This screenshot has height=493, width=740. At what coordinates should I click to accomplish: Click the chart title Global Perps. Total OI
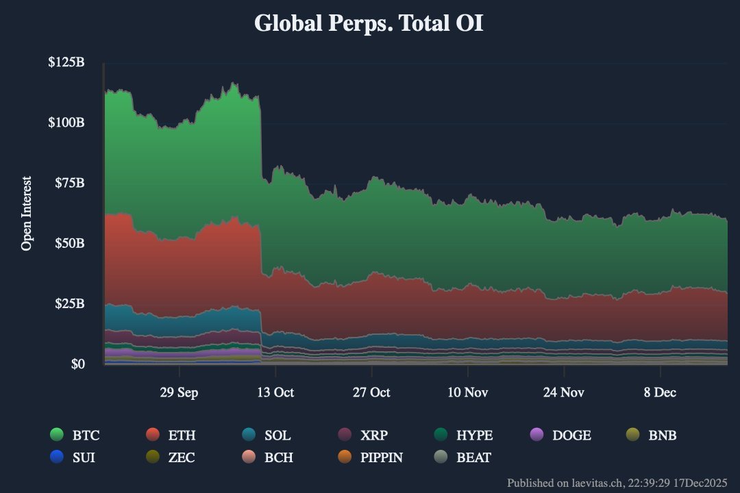coord(369,23)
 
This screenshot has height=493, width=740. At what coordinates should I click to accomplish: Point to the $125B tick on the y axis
coord(66,62)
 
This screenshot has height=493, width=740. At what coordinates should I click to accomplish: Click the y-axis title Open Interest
coord(27,214)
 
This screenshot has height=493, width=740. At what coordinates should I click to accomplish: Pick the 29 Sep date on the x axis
coord(180,392)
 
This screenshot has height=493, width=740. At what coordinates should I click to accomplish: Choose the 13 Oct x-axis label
coord(275,392)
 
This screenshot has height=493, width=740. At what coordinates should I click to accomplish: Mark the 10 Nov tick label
coord(467,392)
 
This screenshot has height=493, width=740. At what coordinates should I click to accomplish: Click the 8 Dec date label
coord(659,392)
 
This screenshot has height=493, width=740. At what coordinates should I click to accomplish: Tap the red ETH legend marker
coord(153,435)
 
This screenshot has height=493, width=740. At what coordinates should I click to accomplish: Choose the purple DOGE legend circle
coord(537,435)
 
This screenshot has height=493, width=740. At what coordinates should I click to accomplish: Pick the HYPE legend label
coord(474,435)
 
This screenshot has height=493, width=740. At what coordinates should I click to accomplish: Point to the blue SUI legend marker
coord(58,457)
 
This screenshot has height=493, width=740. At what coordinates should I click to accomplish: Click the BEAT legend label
coord(473,457)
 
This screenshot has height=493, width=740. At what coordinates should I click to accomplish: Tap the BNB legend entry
coord(663,435)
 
